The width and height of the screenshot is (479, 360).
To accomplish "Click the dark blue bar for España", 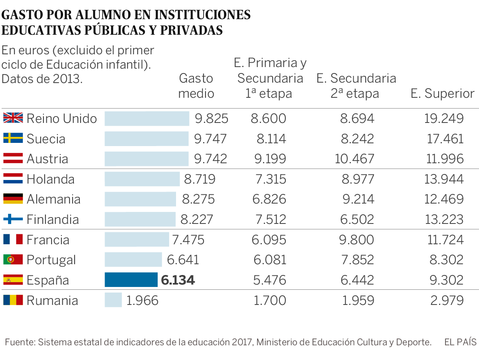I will point(131,280).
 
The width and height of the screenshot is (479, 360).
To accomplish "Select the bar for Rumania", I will point(113,300).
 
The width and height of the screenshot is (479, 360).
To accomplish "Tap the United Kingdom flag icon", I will point(13,118).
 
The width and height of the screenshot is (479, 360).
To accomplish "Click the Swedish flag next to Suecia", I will point(13,138).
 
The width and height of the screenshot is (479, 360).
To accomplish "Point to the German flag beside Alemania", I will point(13,199).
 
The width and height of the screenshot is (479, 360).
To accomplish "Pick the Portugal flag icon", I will point(13,259).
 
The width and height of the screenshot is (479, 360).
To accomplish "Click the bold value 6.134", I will point(178,280).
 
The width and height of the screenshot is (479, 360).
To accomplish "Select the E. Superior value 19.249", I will point(443,119).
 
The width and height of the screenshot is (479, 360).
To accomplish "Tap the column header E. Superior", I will point(442,94).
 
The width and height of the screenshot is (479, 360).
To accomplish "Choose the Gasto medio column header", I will point(196,86).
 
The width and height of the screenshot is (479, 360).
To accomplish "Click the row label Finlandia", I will point(53,219).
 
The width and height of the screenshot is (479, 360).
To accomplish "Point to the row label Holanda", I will point(50,179).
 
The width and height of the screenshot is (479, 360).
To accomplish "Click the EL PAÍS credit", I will point(460,342).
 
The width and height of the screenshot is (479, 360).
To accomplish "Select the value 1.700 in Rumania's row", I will point(270,300).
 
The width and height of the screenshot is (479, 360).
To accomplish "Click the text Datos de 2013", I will point(42,79).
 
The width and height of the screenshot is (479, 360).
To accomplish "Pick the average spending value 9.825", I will point(211,119).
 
